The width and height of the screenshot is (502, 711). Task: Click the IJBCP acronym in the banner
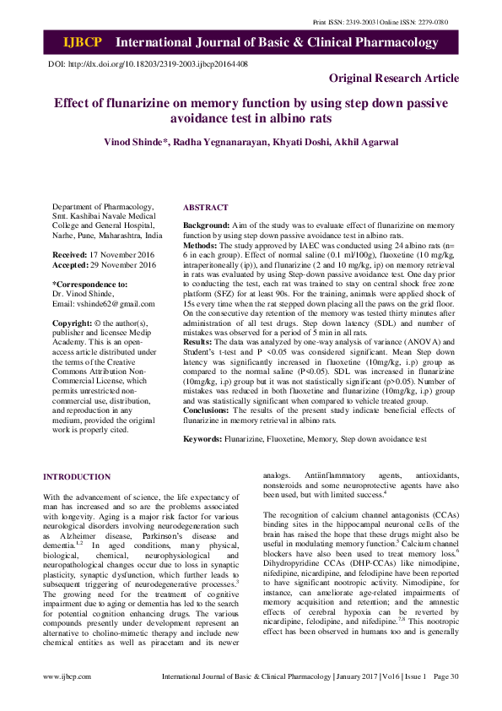[x=84, y=42]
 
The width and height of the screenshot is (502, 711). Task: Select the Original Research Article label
[x=394, y=79]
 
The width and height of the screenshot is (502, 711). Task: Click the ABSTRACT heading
[x=205, y=208]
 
